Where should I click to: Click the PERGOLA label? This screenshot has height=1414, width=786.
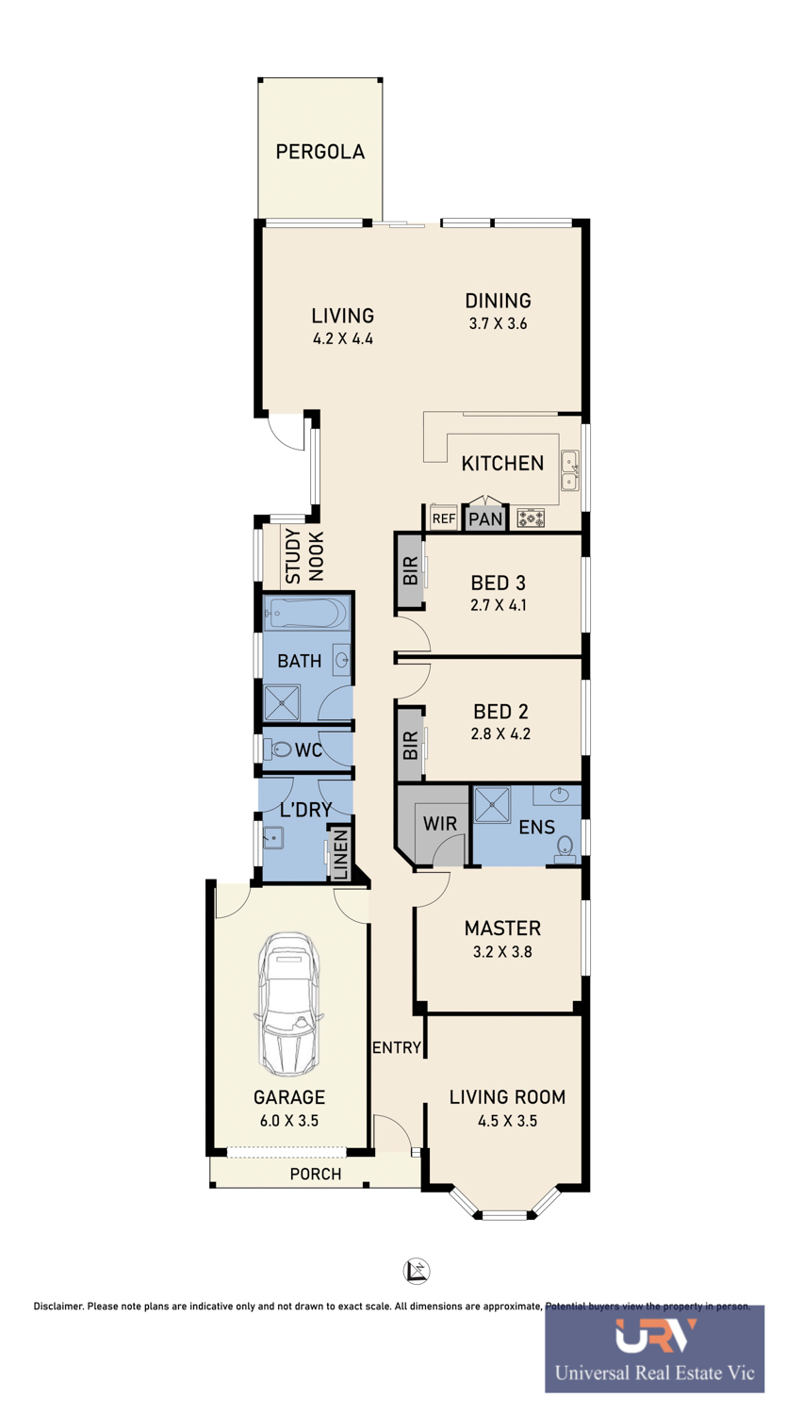(x=320, y=152)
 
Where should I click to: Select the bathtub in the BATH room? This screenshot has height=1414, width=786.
(x=308, y=613)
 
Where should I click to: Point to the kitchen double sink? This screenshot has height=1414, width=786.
(x=569, y=471)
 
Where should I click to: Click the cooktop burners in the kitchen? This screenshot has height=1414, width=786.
(x=531, y=518)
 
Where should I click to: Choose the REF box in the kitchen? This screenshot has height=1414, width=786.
(x=444, y=518)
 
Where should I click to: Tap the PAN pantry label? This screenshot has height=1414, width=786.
(x=485, y=519)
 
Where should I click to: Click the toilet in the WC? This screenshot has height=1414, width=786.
(x=281, y=749)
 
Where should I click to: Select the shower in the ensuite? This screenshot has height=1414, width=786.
(x=492, y=805)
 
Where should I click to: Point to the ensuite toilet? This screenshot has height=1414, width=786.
(x=565, y=849)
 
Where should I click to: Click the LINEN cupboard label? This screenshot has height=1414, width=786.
(x=340, y=854)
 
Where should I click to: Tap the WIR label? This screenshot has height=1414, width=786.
(x=440, y=823)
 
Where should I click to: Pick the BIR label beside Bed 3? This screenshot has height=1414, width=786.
(x=410, y=570)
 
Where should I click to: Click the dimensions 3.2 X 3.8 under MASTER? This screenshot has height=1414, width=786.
(x=502, y=951)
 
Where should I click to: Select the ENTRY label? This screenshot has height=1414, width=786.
(x=397, y=1048)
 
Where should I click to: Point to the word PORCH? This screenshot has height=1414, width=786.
(x=316, y=1175)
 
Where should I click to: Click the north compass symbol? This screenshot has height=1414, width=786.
(x=416, y=1271)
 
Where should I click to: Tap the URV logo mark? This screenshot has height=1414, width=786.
(x=655, y=1335)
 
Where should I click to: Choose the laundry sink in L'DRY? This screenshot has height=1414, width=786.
(x=273, y=838)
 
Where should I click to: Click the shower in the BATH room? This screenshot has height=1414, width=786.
(x=282, y=702)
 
